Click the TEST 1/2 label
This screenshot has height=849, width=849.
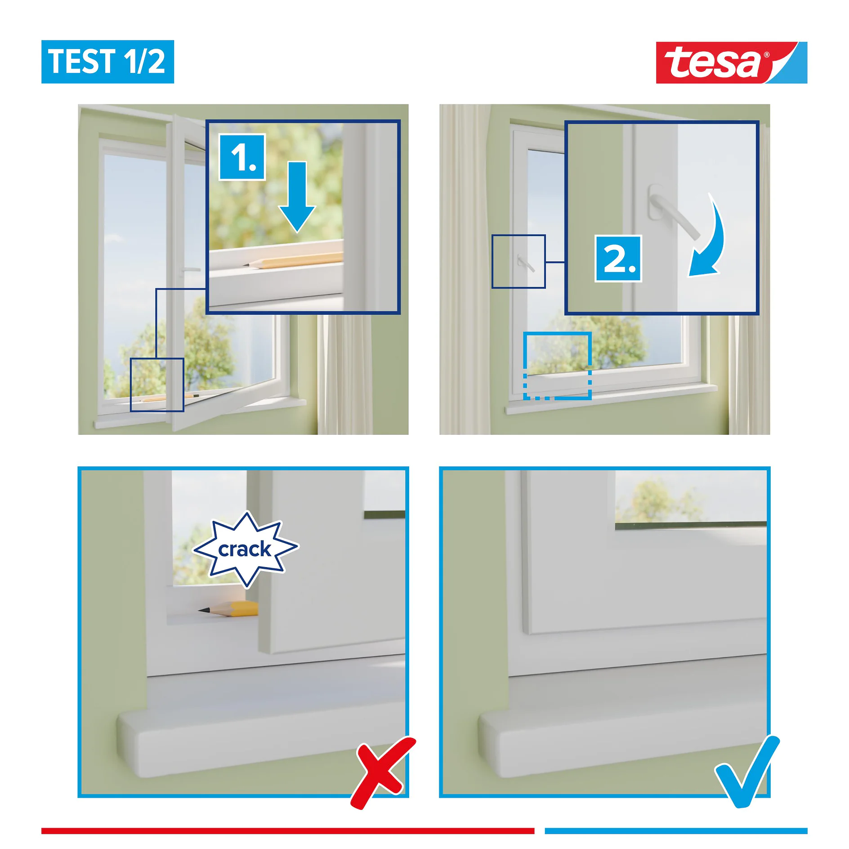(x=107, y=62)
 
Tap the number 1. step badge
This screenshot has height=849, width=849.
(x=242, y=157)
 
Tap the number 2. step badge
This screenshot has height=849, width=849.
(x=618, y=259)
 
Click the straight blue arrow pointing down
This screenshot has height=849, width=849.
(x=297, y=198)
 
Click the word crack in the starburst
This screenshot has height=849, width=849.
(x=245, y=550)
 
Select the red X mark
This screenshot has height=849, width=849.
(x=382, y=773)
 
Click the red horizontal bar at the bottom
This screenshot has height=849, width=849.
(x=288, y=831)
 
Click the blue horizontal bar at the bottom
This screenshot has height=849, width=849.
(x=675, y=831)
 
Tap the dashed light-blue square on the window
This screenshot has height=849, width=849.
(x=557, y=366)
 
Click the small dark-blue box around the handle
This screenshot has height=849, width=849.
(x=518, y=261)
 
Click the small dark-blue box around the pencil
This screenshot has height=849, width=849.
(x=157, y=384)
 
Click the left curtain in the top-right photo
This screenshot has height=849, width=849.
(x=463, y=270)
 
